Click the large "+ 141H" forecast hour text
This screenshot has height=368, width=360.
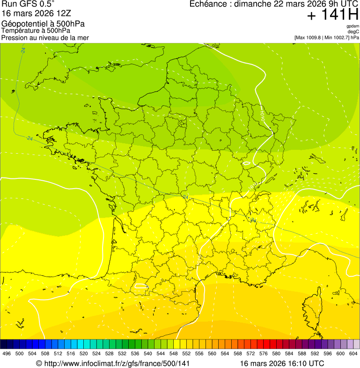tap(332, 15)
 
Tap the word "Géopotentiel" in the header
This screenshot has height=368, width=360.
tap(23, 24)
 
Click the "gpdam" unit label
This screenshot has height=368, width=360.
tap(353, 26)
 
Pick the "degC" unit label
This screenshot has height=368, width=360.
tap(353, 32)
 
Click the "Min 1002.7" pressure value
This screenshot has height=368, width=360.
tap(337, 37)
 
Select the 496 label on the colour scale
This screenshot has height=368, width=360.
tap(7, 353)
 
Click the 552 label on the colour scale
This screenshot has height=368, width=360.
tap(186, 353)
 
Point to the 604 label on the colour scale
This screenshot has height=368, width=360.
tap(353, 353)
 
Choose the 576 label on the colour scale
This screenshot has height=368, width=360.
tap(264, 353)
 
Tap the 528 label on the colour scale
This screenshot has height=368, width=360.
tap(109, 353)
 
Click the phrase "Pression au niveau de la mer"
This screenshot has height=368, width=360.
tap(45, 37)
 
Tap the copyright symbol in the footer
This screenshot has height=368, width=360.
tap(39, 363)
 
